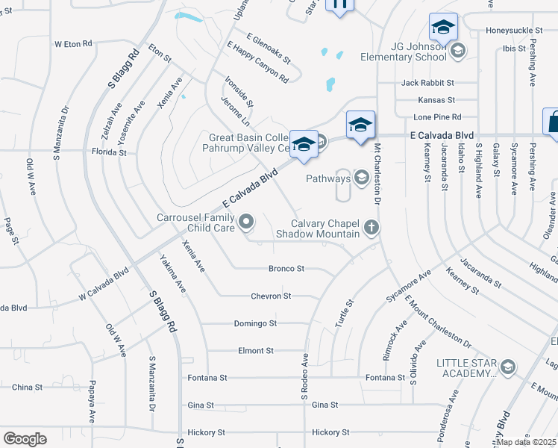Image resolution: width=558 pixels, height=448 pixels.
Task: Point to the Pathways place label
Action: click(328, 178)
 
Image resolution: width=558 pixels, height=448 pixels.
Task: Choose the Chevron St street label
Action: click(272, 296)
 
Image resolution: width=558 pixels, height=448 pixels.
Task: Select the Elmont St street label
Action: click(256, 351)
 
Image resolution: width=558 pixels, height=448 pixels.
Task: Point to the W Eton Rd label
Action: click(73, 44)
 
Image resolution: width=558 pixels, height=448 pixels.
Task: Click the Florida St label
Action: click(109, 152)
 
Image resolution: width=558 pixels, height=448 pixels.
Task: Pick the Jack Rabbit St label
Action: click(427, 83)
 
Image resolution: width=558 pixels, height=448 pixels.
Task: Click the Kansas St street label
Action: click(436, 100)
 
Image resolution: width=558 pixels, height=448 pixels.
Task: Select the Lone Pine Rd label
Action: click(438, 117)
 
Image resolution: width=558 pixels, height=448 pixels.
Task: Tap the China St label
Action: click(27, 388)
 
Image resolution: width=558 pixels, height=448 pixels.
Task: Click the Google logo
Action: click(25, 439)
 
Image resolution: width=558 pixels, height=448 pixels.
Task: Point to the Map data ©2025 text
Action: click(526, 441)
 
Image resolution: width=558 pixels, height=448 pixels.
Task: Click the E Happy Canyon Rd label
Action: click(258, 61)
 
